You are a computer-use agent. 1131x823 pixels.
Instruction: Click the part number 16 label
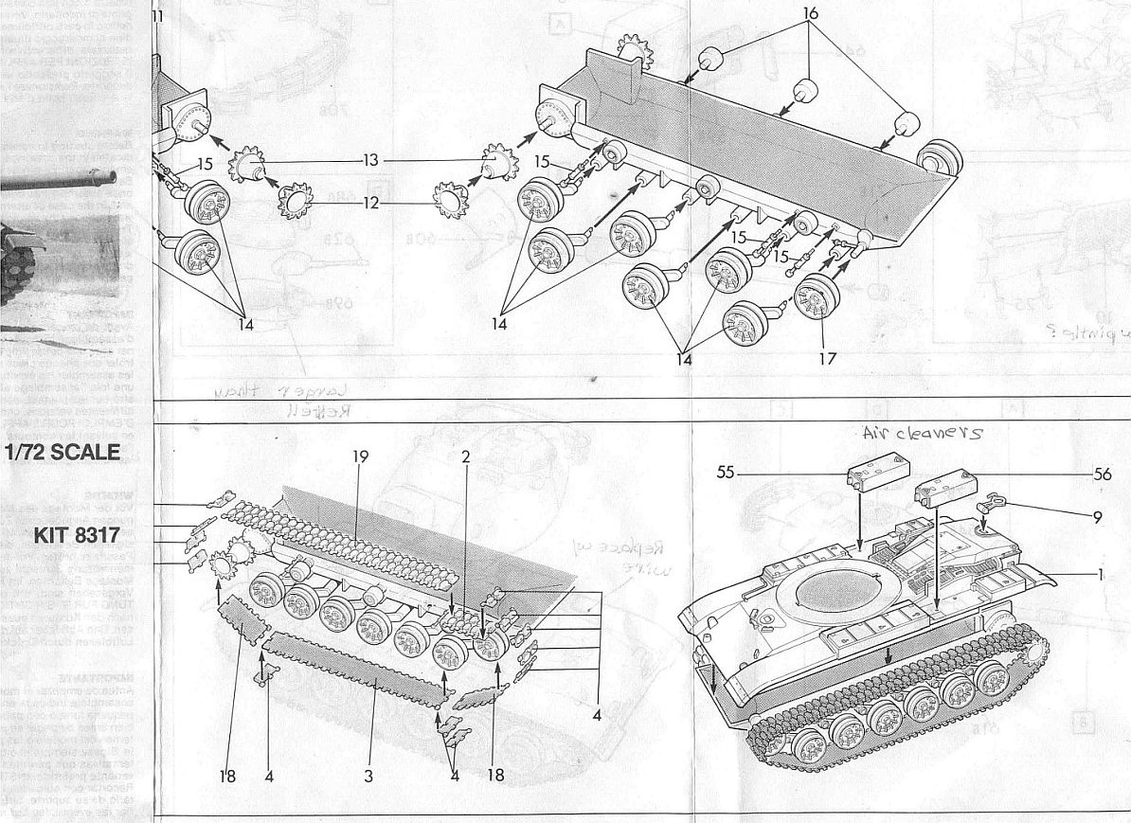coord(810,14)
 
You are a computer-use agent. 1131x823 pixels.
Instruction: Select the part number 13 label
coord(369,161)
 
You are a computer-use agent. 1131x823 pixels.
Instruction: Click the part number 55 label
coord(727,472)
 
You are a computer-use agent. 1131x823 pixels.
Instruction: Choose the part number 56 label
coord(1102,475)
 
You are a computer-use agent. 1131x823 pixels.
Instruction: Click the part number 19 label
coord(359,456)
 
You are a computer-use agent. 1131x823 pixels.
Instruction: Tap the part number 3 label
coord(368,776)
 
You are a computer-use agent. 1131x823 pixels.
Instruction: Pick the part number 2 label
coord(465,456)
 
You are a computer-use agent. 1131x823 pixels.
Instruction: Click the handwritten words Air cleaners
coord(921,433)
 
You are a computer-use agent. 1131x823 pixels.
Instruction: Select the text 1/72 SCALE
coord(62,453)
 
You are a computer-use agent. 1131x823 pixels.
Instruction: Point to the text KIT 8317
coord(77,535)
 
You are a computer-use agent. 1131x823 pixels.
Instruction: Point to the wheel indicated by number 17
coord(817,295)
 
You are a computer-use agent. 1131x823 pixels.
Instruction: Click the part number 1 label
coord(1101,574)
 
